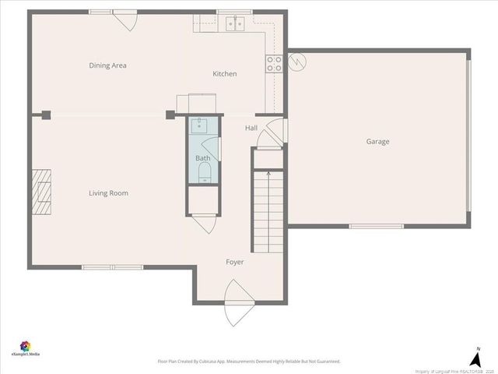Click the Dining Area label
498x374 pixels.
pos(107,65)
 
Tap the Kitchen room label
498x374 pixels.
pos(225,74)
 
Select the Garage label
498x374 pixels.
pos(378,142)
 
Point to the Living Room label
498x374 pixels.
pos(108,193)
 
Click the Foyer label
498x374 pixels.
pos(235,262)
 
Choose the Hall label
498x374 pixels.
pos(251,128)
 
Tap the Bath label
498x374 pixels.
pos(202,158)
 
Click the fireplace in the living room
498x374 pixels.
pos(41,190)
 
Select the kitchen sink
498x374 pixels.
pos(237,23)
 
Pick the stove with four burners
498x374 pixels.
pos(274,63)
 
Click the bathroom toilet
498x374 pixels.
pos(203,175)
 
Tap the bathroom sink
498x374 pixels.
pos(200,126)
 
